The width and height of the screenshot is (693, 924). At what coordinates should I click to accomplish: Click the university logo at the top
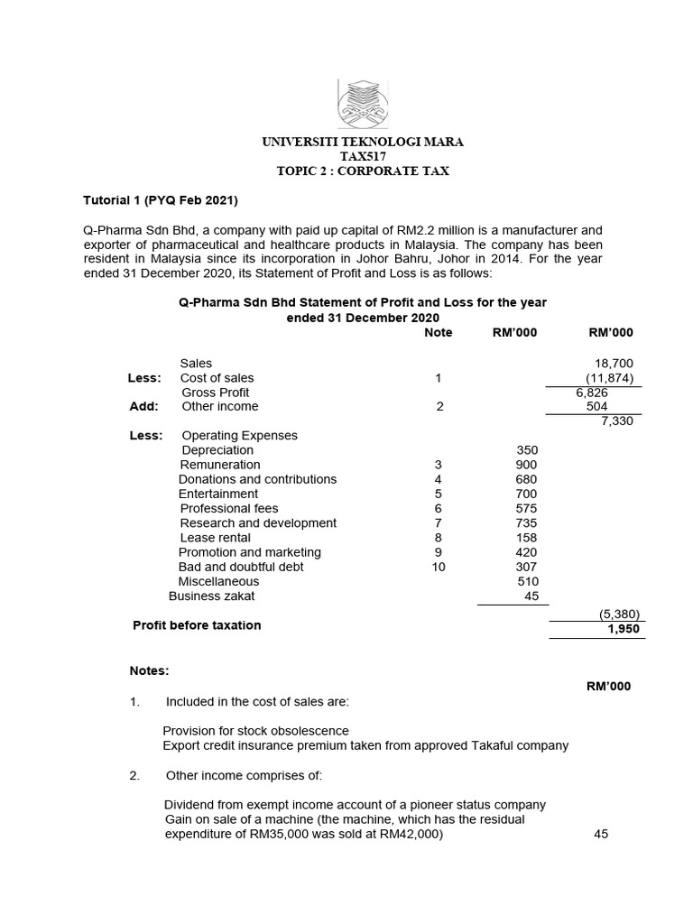[x=363, y=103]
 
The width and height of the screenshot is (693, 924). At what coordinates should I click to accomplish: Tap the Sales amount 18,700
[x=616, y=364]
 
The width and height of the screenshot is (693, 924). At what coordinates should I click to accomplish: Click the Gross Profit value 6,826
[x=594, y=393]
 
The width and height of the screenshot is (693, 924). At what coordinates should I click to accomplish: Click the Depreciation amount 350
[x=526, y=450]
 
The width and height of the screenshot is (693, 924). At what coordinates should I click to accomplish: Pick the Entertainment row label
[x=218, y=494]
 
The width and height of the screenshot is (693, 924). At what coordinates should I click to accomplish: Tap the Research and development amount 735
[x=526, y=523]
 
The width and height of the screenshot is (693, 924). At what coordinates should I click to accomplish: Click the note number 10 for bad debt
[x=439, y=567]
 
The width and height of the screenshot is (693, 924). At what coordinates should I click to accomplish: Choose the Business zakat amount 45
[x=531, y=596]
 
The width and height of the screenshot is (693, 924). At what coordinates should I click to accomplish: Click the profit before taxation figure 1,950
[x=623, y=628]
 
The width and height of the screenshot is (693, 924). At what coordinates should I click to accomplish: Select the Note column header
[x=439, y=333]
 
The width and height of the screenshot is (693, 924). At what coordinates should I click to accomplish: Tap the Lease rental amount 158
[x=526, y=538]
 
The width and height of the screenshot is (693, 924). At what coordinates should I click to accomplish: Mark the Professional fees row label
[x=229, y=509]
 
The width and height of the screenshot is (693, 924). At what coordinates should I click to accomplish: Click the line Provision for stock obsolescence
[x=255, y=731]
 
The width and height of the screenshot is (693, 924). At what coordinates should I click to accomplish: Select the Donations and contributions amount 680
[x=526, y=479]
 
